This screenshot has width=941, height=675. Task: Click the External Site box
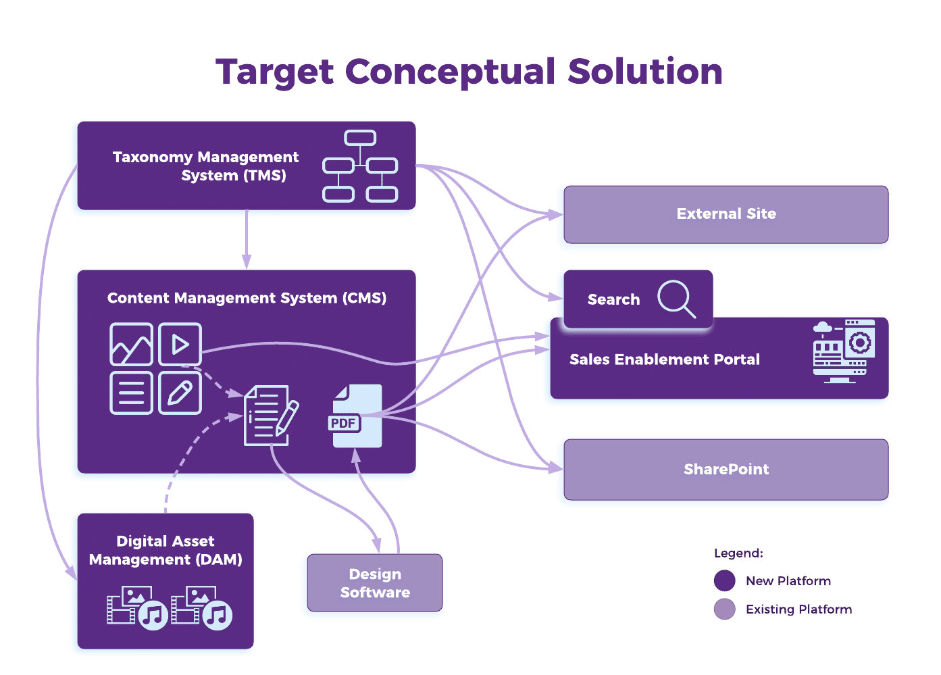coord(726,214)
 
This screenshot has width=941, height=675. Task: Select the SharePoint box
coord(726,470)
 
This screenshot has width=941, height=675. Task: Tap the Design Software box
coord(375,583)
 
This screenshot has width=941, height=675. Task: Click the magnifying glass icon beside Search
coord(676,299)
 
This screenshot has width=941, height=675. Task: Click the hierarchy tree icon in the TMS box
coord(360,167)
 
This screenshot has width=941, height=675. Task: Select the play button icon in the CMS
coord(180,345)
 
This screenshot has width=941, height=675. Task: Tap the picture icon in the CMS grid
coord(131,345)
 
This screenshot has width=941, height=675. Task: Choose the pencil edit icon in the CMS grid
coord(180,393)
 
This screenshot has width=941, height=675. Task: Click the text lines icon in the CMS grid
coord(131,393)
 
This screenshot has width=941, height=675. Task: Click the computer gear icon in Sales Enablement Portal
coord(844,351)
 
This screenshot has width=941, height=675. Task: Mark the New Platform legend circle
coord(725,581)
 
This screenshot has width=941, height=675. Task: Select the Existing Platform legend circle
coord(725,609)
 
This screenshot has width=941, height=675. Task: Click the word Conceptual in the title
coord(451,72)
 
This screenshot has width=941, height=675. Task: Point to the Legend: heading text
coord(738,553)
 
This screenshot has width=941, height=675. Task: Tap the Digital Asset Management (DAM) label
coord(166,551)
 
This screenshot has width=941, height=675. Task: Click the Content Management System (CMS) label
coord(247,299)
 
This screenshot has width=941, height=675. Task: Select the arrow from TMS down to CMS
coord(247,240)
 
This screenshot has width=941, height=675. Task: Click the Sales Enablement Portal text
coord(665,360)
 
